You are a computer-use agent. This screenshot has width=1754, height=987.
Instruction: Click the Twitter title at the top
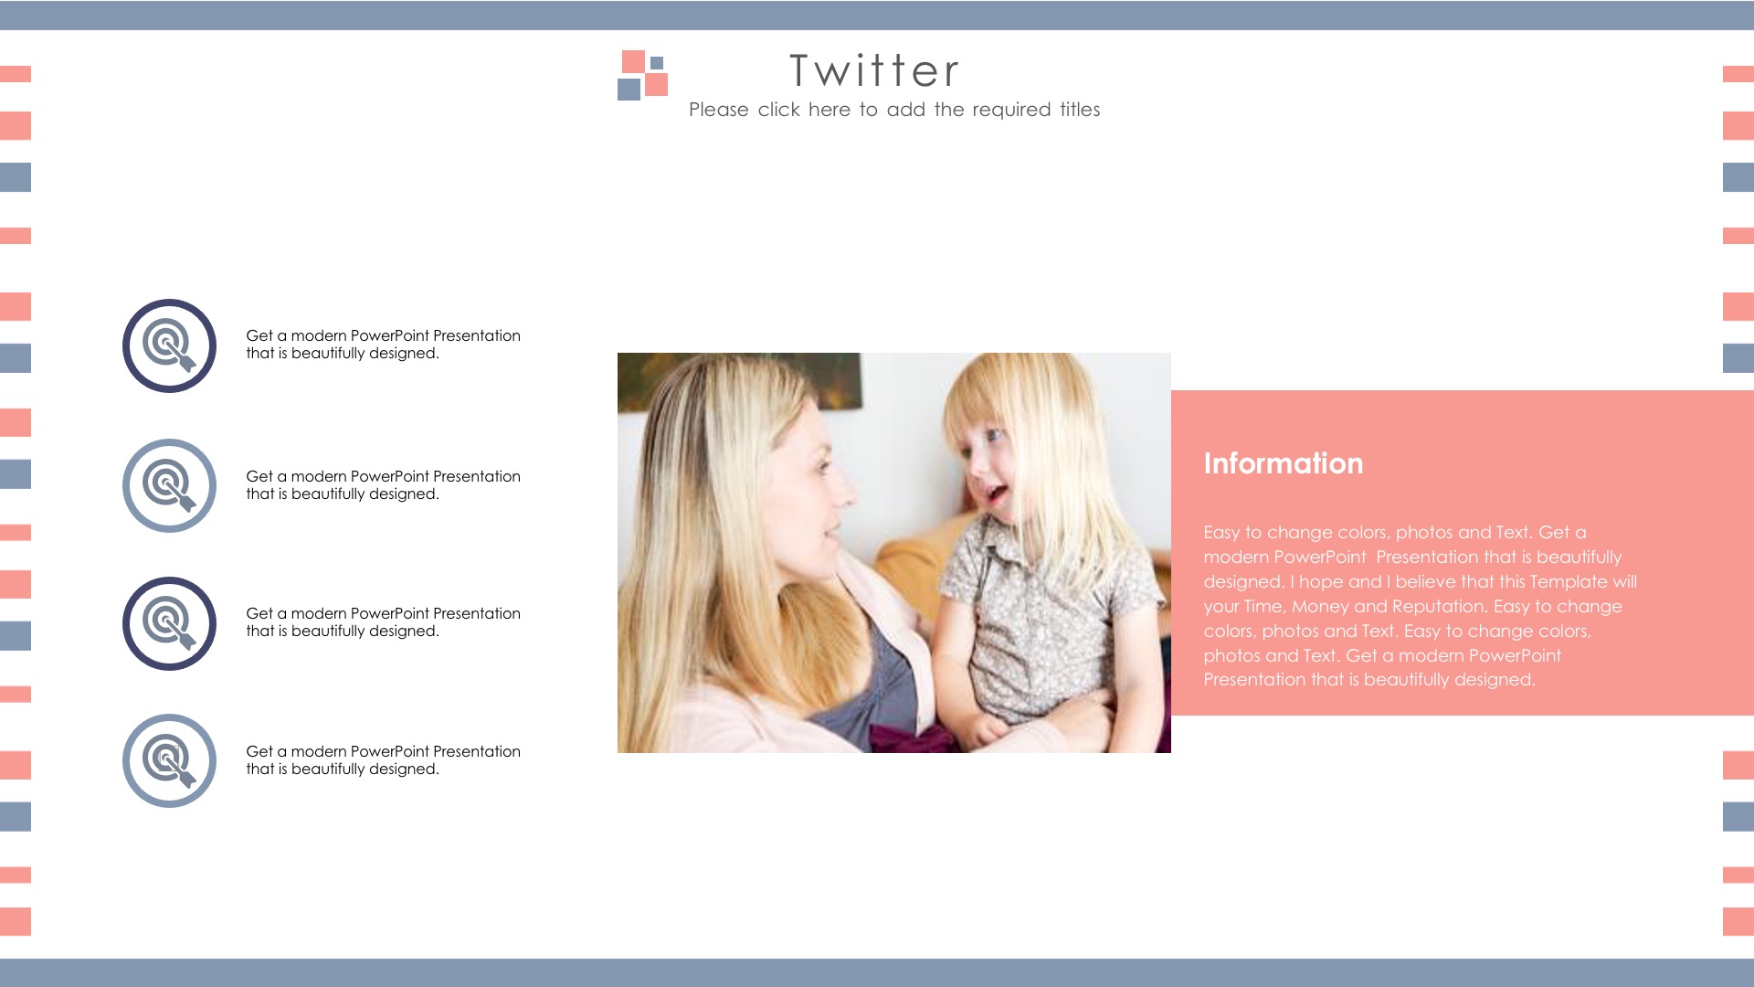pyautogui.click(x=874, y=70)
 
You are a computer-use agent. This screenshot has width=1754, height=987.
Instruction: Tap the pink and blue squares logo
pyautogui.click(x=642, y=75)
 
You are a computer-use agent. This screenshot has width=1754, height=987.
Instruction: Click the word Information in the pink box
pyautogui.click(x=1283, y=463)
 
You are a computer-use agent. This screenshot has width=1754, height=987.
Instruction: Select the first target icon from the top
pyautogui.click(x=169, y=345)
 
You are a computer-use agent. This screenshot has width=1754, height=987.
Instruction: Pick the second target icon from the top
pyautogui.click(x=169, y=485)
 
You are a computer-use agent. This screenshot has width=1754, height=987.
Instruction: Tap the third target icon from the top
pyautogui.click(x=169, y=623)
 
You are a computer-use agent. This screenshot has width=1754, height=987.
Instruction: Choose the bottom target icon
pyautogui.click(x=169, y=760)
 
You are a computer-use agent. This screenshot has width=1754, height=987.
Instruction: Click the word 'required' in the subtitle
pyautogui.click(x=1011, y=110)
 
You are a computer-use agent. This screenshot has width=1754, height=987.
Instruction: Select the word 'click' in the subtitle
pyautogui.click(x=778, y=110)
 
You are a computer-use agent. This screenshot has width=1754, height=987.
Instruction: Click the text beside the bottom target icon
pyautogui.click(x=383, y=760)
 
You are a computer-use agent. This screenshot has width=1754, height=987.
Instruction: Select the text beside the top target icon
pyautogui.click(x=383, y=345)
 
